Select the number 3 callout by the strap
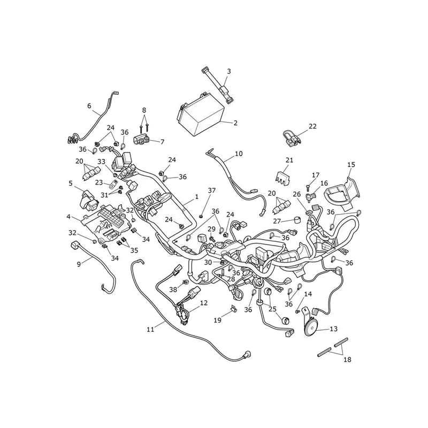click(x=229, y=71)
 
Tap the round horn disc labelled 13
click(x=311, y=327)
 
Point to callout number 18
click(x=347, y=360)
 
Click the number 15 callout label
click(x=351, y=165)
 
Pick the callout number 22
click(x=312, y=126)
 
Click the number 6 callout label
click(x=89, y=105)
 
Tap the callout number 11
click(x=150, y=330)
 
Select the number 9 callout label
click(x=79, y=264)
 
